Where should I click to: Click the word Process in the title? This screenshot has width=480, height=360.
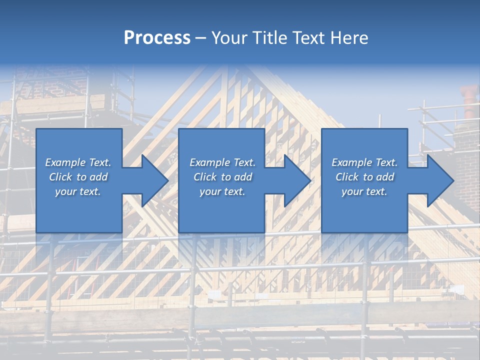point(157,38)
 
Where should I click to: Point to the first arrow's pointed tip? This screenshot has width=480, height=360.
point(168,180)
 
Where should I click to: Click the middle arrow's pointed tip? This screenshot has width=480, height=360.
point(310,180)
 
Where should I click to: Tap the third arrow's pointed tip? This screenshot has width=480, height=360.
point(453,180)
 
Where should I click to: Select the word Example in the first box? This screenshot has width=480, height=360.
point(65,162)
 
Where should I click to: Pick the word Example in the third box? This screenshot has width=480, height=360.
point(351,162)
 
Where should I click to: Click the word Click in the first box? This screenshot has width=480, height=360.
point(60,177)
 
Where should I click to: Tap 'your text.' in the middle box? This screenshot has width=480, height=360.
point(222,191)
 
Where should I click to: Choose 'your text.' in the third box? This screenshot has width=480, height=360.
point(364,191)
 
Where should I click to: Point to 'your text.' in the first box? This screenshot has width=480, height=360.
point(77,191)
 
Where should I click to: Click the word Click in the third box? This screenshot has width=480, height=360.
point(347,177)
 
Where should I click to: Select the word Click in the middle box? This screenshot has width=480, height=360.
point(205,177)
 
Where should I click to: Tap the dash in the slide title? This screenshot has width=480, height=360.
point(200,38)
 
